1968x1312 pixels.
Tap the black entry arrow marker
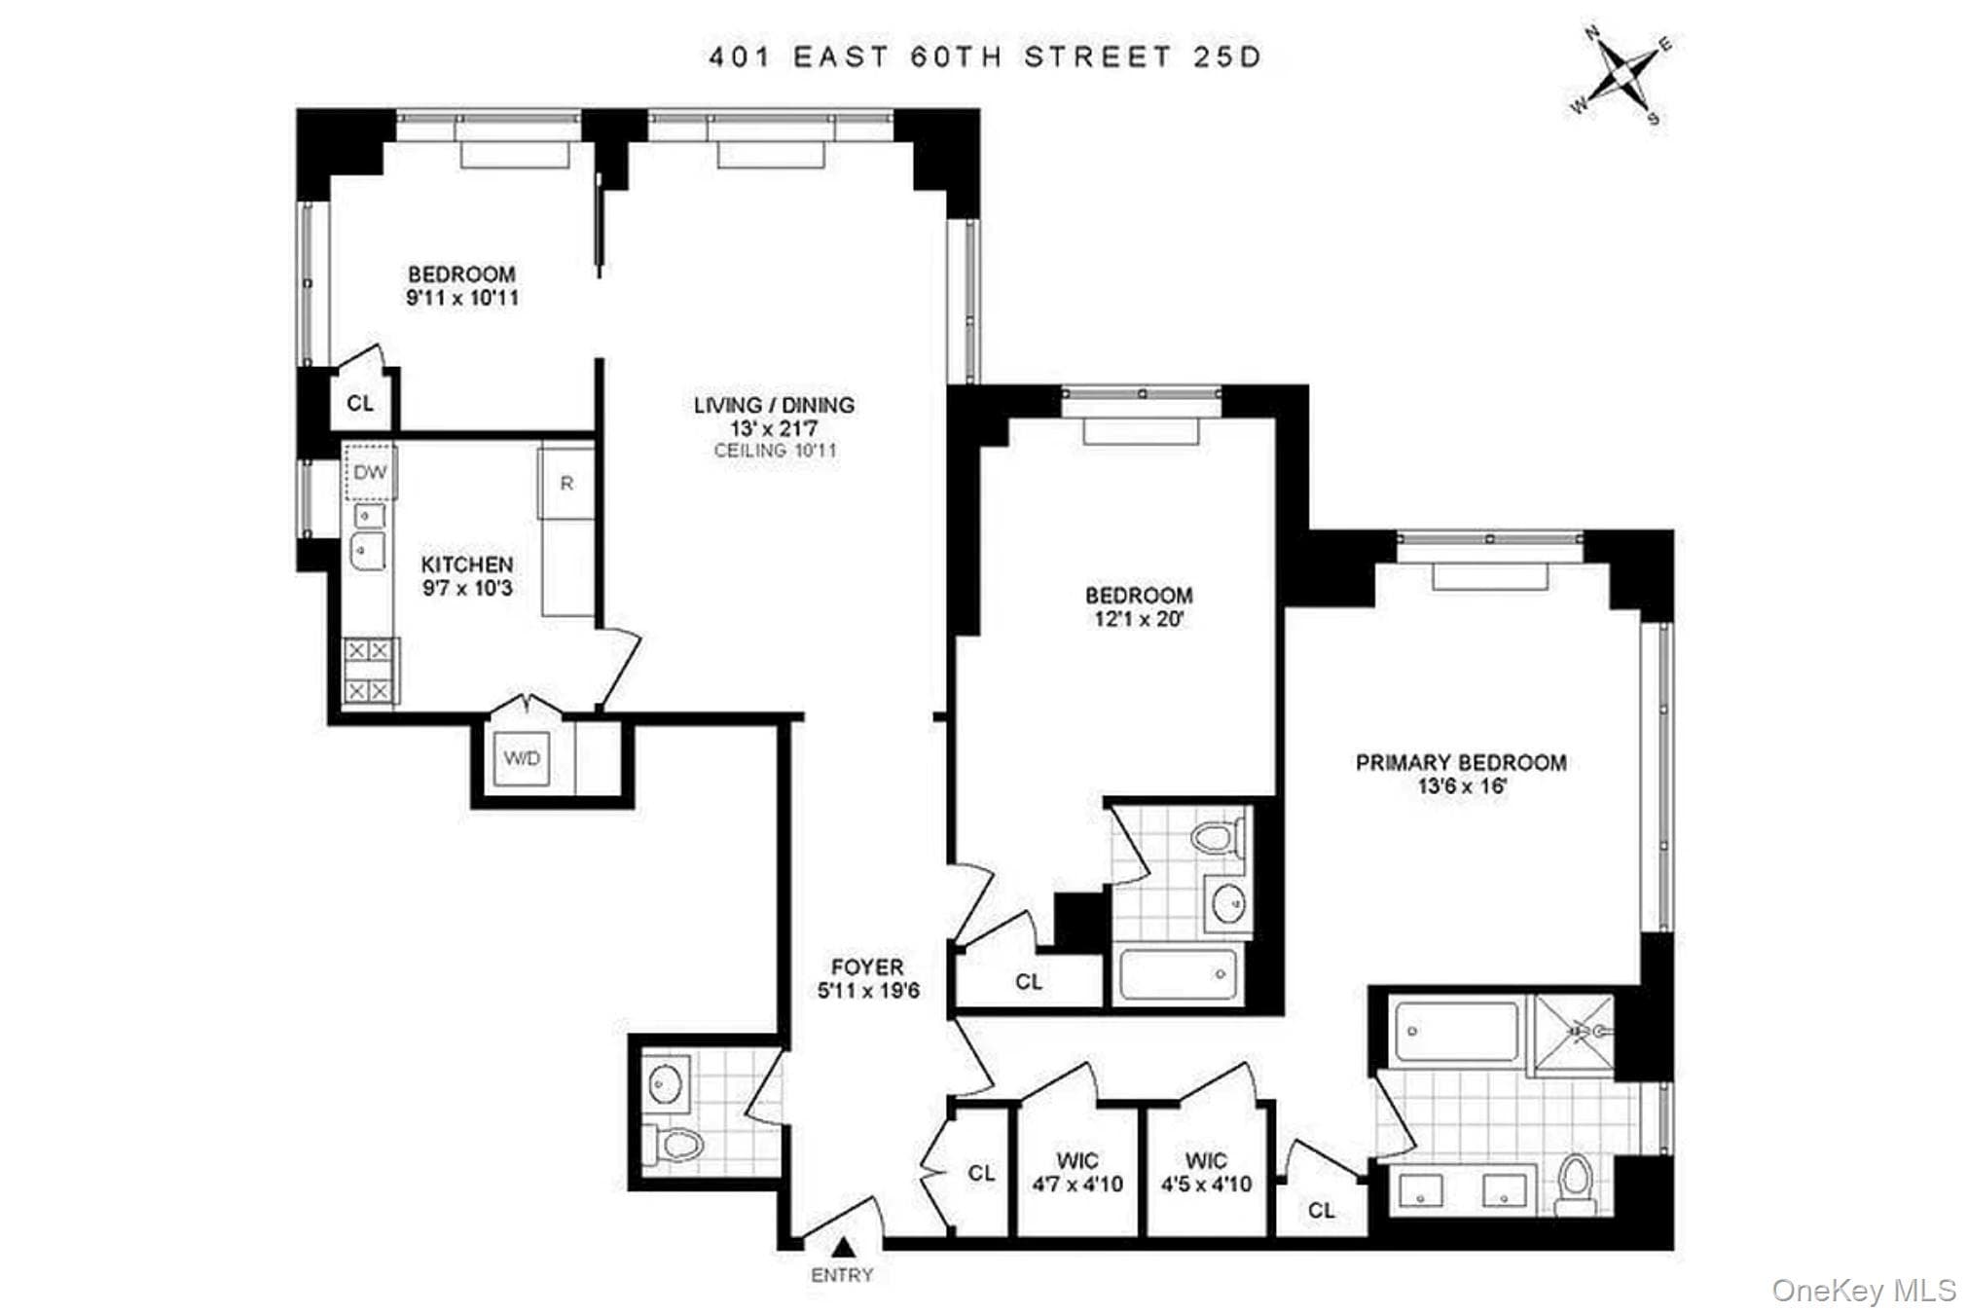tap(843, 1248)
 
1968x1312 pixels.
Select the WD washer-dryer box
tap(523, 758)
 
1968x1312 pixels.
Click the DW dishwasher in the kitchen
tap(370, 473)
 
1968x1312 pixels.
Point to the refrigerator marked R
tap(566, 483)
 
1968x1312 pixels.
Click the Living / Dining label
tap(774, 405)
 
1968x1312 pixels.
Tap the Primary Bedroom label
tap(1461, 763)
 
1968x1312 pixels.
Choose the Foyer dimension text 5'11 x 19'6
tap(868, 991)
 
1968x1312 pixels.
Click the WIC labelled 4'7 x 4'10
tap(1077, 1173)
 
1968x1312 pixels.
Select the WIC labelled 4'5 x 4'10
tap(1206, 1173)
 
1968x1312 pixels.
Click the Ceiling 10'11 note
tap(775, 451)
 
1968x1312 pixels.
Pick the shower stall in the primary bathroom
tap(1574, 1034)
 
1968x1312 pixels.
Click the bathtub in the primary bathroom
tap(1456, 1031)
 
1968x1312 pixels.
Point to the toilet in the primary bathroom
tap(1575, 1184)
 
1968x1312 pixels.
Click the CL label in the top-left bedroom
tap(360, 403)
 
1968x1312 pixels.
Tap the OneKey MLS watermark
tap(1864, 1291)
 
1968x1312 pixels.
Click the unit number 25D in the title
tap(1226, 57)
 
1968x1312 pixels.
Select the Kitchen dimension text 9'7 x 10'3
tap(467, 588)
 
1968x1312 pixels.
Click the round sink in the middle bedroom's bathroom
tap(1226, 903)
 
